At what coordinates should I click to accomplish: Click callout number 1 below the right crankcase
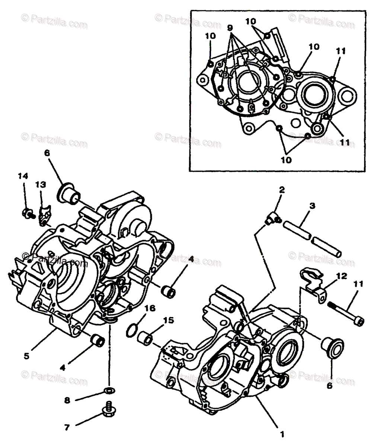(x=282, y=434)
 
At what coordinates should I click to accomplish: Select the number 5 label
(x=26, y=356)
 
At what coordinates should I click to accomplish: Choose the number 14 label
(x=23, y=176)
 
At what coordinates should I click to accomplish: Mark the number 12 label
(x=341, y=276)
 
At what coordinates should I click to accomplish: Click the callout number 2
(x=282, y=190)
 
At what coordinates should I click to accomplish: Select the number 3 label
(x=312, y=205)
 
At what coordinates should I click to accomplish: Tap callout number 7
(x=67, y=427)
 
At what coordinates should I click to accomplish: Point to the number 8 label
(x=67, y=400)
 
